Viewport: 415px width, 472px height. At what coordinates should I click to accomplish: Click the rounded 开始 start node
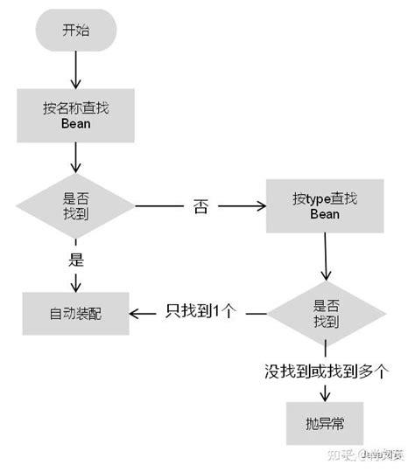click(75, 31)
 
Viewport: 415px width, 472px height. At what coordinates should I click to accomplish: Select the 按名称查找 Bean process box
click(75, 116)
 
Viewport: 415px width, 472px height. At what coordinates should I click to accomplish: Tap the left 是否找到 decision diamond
click(75, 206)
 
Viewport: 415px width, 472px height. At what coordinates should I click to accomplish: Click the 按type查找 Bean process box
click(324, 206)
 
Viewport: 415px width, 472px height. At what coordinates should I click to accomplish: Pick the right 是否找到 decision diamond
click(326, 313)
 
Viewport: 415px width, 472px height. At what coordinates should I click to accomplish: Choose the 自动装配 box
click(75, 313)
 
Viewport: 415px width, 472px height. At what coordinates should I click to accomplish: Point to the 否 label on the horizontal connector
click(200, 208)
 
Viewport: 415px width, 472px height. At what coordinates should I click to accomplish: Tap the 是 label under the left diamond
click(75, 258)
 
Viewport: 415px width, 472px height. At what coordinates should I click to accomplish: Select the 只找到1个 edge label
click(200, 312)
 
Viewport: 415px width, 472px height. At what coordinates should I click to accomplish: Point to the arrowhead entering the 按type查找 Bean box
click(260, 207)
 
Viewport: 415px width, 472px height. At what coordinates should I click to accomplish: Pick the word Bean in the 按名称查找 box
click(75, 124)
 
